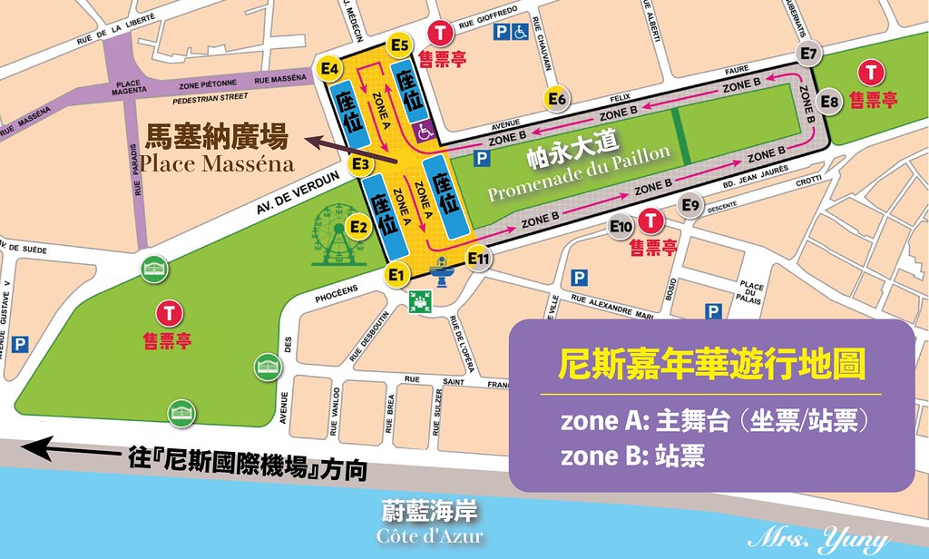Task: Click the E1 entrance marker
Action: (394, 273)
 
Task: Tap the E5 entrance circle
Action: (399, 44)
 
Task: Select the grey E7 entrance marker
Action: (809, 53)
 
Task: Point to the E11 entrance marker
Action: (478, 260)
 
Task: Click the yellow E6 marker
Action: (556, 98)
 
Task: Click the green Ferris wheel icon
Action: (337, 237)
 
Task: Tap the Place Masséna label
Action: (217, 164)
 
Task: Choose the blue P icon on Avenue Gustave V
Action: (21, 344)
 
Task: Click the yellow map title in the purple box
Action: (710, 367)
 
